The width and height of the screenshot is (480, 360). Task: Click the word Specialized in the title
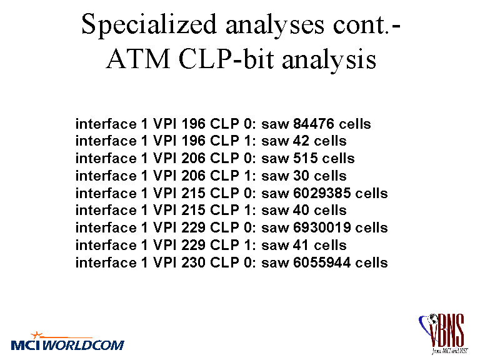click(x=149, y=26)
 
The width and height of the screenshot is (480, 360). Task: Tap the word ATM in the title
click(x=138, y=59)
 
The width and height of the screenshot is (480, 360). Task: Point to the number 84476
click(x=314, y=124)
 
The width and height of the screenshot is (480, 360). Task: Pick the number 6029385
click(x=322, y=193)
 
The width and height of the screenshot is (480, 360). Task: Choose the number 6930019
click(x=322, y=227)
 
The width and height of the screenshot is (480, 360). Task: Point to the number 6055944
click(x=322, y=262)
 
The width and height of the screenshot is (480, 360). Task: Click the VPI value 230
click(x=193, y=262)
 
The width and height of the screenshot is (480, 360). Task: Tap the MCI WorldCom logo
click(x=67, y=341)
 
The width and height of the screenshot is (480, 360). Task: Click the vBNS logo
click(x=442, y=333)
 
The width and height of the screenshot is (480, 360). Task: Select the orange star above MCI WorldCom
click(x=37, y=335)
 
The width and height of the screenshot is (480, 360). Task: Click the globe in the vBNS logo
click(x=433, y=319)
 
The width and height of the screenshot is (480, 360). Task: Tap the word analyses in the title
click(x=274, y=26)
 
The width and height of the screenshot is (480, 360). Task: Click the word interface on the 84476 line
click(x=106, y=124)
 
